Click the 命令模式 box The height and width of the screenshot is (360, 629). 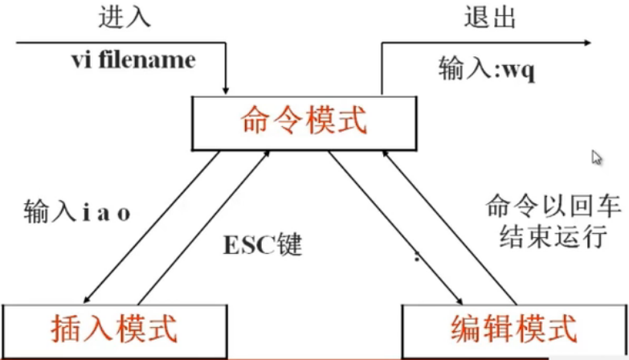303,122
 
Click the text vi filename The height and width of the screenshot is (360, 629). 133,60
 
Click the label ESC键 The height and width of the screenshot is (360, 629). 263,244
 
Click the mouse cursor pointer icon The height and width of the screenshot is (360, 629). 596,157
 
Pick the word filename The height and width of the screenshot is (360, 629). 157,60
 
